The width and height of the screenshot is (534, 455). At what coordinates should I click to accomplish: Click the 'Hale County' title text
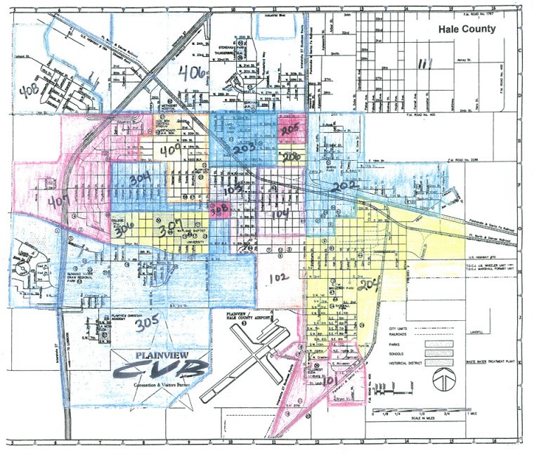pos(467,29)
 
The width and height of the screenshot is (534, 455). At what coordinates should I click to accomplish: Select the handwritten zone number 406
pos(192,72)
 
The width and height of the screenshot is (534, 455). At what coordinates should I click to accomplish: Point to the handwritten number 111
pos(424,65)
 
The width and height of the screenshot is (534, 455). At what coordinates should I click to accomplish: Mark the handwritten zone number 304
pos(140,180)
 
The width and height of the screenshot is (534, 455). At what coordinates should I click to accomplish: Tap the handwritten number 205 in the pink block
pos(290,130)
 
